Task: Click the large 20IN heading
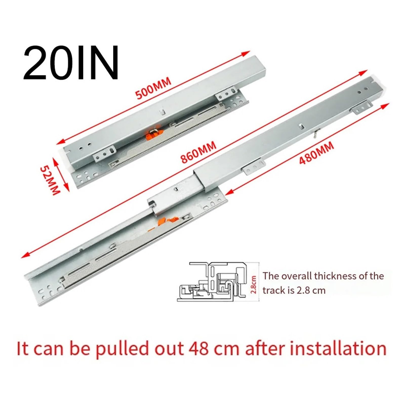71,63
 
